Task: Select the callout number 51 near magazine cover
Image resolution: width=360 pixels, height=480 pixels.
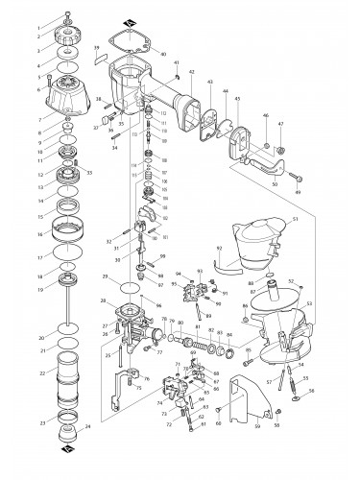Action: coord(295,220)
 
